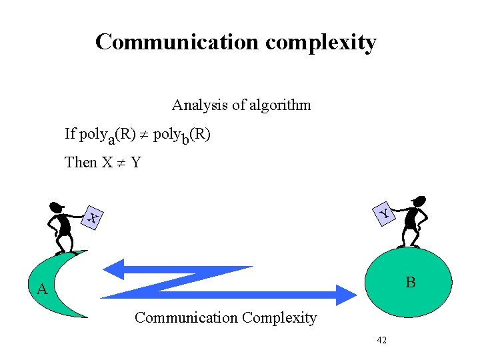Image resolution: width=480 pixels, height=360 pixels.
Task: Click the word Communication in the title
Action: coord(177,42)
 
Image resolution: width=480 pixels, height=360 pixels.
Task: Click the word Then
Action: coord(81,162)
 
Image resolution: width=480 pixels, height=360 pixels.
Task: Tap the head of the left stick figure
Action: coord(57,207)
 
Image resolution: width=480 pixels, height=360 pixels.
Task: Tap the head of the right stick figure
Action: coord(419,201)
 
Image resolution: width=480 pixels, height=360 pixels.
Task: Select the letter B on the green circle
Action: coord(411,283)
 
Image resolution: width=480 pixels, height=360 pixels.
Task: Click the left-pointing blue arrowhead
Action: coord(115,269)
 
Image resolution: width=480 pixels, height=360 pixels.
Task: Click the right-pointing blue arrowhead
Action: coord(347,294)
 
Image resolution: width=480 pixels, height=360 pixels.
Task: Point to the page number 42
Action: coord(381,340)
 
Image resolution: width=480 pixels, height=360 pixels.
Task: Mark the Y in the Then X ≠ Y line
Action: coord(136,162)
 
